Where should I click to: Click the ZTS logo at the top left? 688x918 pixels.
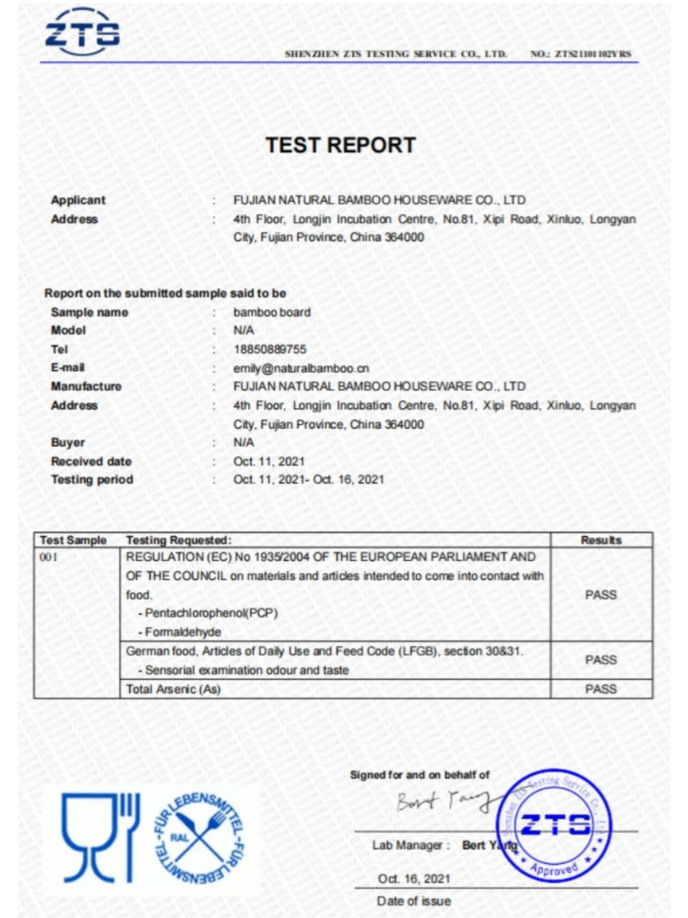(x=83, y=32)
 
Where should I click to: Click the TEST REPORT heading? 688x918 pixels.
(x=340, y=145)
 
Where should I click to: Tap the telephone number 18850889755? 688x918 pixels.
(x=270, y=350)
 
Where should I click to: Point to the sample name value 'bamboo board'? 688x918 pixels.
(x=272, y=312)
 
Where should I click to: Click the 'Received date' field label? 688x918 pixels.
(x=91, y=461)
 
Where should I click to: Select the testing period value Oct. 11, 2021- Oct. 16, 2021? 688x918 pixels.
(x=308, y=479)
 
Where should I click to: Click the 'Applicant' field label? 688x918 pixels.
(x=78, y=200)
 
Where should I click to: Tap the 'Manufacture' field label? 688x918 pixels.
(x=86, y=386)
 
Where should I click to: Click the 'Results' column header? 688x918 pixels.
(x=601, y=541)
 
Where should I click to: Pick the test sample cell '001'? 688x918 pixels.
(x=48, y=557)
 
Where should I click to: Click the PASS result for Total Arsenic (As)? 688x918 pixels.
(x=601, y=688)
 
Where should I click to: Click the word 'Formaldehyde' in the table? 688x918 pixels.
(x=183, y=632)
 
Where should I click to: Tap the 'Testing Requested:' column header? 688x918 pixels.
(x=179, y=541)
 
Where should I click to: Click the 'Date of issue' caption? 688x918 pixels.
(x=414, y=901)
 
